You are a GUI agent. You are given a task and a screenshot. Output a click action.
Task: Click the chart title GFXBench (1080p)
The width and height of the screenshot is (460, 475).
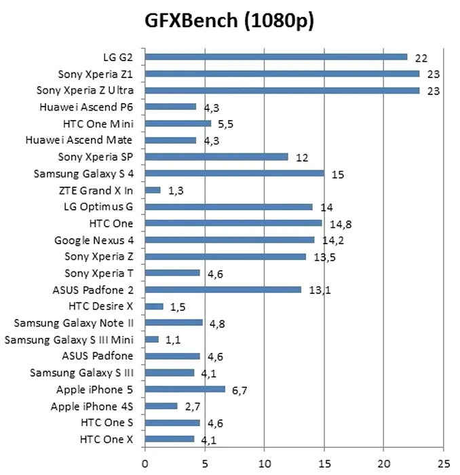point(230,22)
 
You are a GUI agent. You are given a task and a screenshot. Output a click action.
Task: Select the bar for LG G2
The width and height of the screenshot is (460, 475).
point(276,57)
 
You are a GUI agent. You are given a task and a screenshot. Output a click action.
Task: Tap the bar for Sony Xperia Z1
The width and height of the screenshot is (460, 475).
point(282,73)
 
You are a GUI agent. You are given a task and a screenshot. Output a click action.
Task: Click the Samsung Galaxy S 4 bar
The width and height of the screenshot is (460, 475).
point(235,174)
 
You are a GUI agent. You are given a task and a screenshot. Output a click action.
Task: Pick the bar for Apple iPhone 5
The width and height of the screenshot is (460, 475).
point(185,389)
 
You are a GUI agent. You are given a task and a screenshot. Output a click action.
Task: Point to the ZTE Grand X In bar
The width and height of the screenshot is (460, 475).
point(153,191)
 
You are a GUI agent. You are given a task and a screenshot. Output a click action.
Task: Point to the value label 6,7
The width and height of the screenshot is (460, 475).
point(242,390)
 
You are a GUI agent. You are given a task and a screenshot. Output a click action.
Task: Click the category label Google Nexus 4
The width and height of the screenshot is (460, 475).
point(94,240)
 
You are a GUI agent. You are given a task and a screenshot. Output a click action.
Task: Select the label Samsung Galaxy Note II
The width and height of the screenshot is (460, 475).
point(74,323)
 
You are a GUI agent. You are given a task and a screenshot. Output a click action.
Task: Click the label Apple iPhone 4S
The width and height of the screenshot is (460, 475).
point(92,406)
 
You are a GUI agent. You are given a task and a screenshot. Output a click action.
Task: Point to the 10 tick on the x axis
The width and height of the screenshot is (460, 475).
point(265,465)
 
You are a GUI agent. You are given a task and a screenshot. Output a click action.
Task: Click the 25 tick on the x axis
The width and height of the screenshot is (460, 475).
point(443,465)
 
